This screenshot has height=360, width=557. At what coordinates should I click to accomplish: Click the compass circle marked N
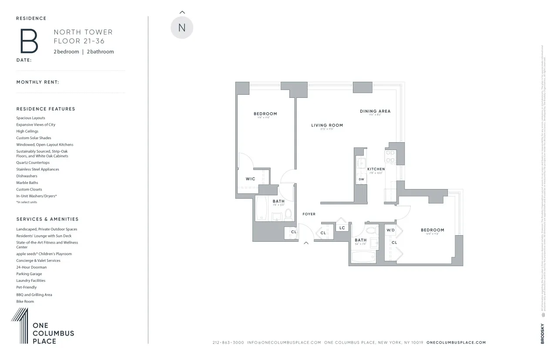click(182, 27)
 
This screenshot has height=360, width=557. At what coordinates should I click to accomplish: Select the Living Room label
click(327, 125)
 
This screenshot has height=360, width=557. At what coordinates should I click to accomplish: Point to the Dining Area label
click(375, 111)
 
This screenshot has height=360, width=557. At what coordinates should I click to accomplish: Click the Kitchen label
click(376, 169)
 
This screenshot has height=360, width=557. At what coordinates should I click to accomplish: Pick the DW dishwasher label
click(361, 179)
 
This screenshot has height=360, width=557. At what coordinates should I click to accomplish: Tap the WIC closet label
click(250, 179)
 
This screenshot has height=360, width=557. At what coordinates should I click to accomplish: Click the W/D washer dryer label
click(390, 230)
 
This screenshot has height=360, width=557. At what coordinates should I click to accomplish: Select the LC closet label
click(342, 228)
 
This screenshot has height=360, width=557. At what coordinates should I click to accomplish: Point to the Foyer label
click(309, 214)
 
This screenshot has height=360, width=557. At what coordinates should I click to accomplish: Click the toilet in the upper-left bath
click(288, 214)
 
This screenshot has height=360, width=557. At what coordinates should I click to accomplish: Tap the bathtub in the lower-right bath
click(364, 257)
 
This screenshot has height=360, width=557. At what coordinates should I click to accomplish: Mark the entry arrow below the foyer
click(306, 243)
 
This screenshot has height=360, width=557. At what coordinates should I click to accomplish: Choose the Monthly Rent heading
click(38, 82)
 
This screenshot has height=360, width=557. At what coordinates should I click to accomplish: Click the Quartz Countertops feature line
click(33, 163)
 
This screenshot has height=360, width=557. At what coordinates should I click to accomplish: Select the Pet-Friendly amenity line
click(27, 287)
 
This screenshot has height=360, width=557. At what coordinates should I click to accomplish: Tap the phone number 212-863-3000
click(228, 343)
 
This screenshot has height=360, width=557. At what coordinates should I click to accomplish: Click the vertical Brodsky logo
click(542, 333)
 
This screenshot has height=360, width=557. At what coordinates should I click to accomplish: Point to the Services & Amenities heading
click(47, 219)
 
